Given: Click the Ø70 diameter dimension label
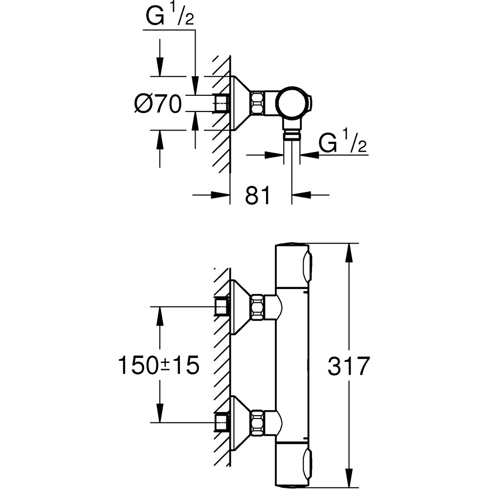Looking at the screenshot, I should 158,104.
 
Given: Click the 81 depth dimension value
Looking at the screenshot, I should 257,196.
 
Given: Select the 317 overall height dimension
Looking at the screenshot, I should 348,366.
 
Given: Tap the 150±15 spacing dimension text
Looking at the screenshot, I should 159,365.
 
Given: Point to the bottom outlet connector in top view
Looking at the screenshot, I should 291,134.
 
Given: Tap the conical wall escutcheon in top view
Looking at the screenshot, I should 240,103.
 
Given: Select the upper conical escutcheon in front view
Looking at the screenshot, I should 240,307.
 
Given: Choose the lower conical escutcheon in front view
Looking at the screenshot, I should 240,422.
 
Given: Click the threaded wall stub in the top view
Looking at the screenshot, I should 222,103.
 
